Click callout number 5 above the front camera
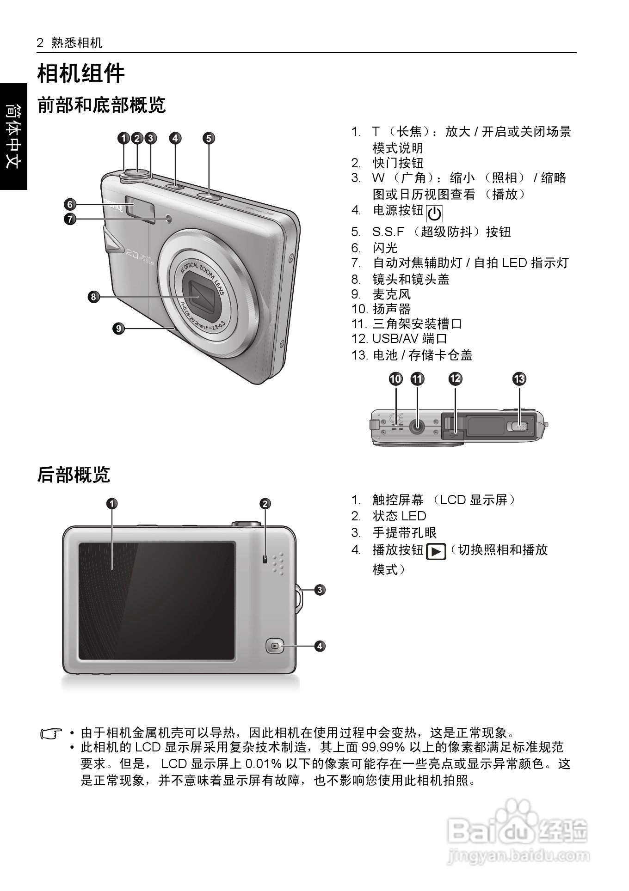pyautogui.click(x=209, y=138)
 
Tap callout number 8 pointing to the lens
pyautogui.click(x=93, y=297)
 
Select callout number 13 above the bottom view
pyautogui.click(x=519, y=379)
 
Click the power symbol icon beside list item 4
pyautogui.click(x=434, y=214)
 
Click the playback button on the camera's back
pyautogui.click(x=275, y=646)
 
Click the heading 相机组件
pyautogui.click(x=81, y=73)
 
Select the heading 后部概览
pyautogui.click(x=74, y=475)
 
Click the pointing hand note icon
pyautogui.click(x=51, y=733)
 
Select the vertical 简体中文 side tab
pyautogui.click(x=13, y=136)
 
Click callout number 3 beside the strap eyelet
pyautogui.click(x=320, y=590)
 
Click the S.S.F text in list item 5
pyautogui.click(x=388, y=232)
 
